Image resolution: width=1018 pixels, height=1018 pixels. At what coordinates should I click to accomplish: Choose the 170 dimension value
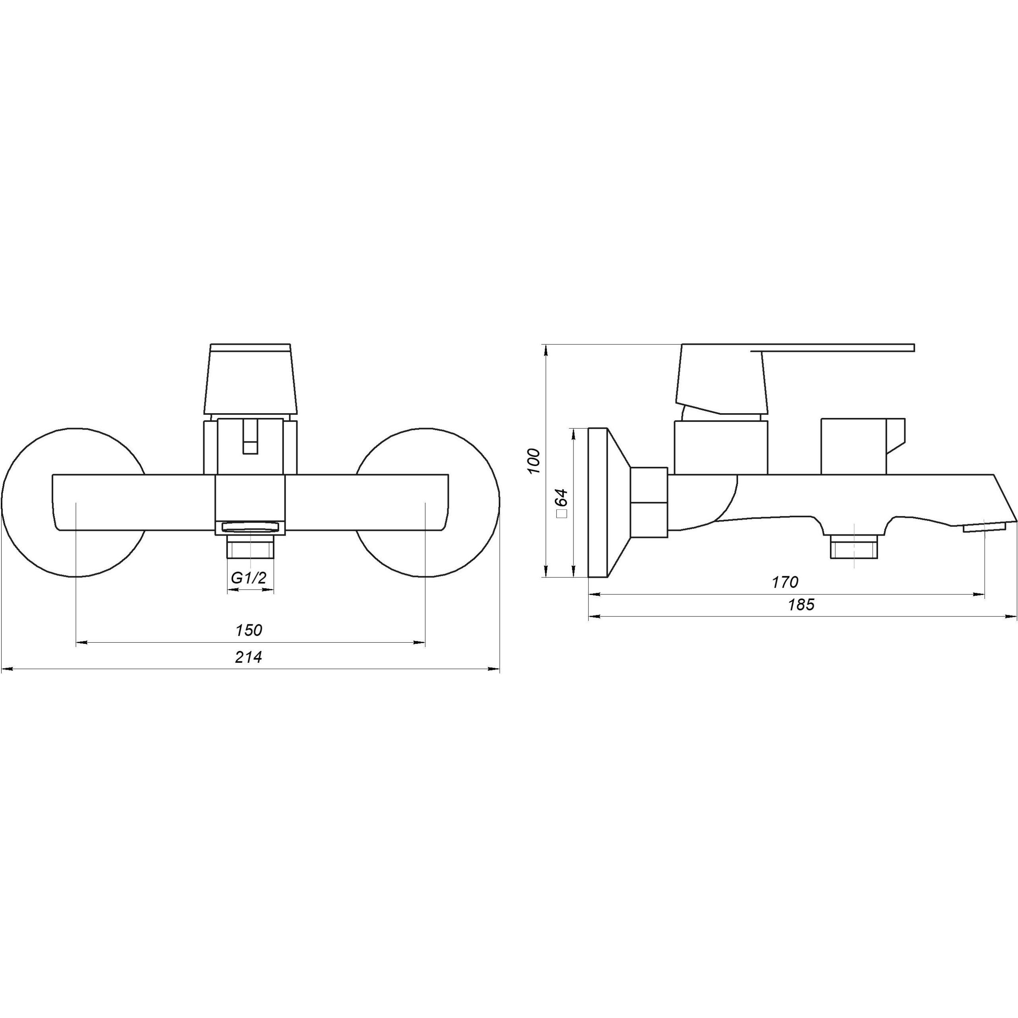pos(785,582)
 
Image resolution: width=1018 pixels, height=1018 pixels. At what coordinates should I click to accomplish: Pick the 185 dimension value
pos(801,605)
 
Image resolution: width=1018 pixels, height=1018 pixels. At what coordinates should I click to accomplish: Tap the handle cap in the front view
pos(250,379)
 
